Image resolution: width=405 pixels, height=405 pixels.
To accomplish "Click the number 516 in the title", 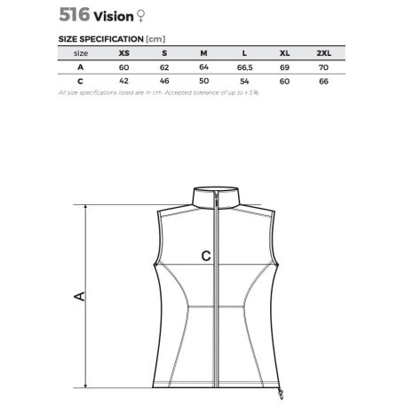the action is [75, 14].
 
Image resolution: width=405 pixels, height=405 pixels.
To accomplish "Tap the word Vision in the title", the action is [114, 17].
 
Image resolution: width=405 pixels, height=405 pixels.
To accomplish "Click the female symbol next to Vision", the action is [141, 16].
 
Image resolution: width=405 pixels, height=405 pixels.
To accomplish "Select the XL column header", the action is [284, 53].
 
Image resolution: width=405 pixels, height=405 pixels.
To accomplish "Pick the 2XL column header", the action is [324, 53].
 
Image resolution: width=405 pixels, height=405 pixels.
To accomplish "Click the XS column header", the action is [124, 53].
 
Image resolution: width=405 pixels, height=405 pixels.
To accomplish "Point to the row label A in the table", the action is [81, 67].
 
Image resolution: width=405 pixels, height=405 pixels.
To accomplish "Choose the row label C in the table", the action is [80, 81].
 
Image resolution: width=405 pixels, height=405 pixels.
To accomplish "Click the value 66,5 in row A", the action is [245, 67].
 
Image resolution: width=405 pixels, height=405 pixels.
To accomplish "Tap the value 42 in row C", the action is [123, 81].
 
